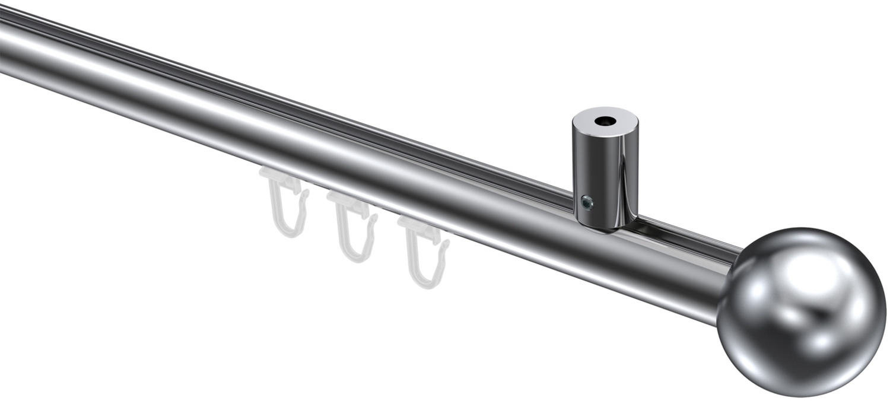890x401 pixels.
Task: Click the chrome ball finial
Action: [801, 311]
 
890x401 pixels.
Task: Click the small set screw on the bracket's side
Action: [587, 204]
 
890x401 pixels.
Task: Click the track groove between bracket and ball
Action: [682, 234]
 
